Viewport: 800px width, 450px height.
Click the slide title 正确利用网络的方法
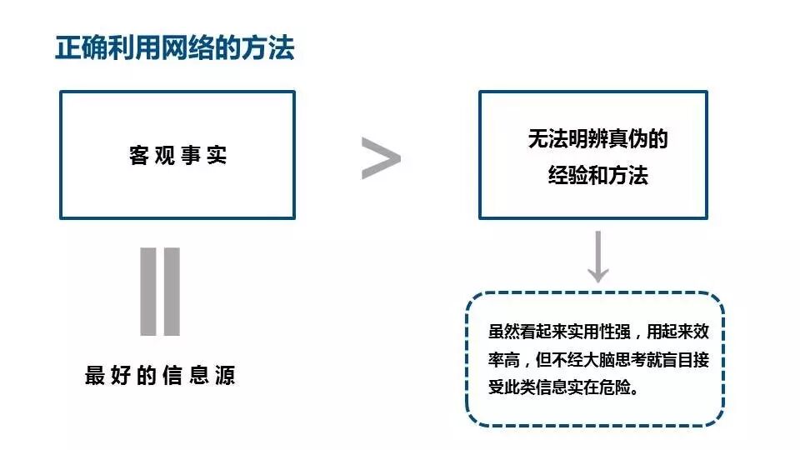[x=175, y=47]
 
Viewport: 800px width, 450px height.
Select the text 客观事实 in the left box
[x=177, y=156]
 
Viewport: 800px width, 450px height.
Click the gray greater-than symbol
[x=380, y=158]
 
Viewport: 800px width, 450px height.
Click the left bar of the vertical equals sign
[x=148, y=292]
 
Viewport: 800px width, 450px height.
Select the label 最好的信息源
[x=160, y=376]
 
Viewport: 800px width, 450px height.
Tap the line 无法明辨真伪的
[x=597, y=139]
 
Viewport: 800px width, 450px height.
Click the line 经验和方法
[x=597, y=176]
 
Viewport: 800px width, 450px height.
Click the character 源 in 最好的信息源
[x=225, y=376]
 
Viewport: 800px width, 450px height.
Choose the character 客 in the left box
[x=138, y=156]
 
